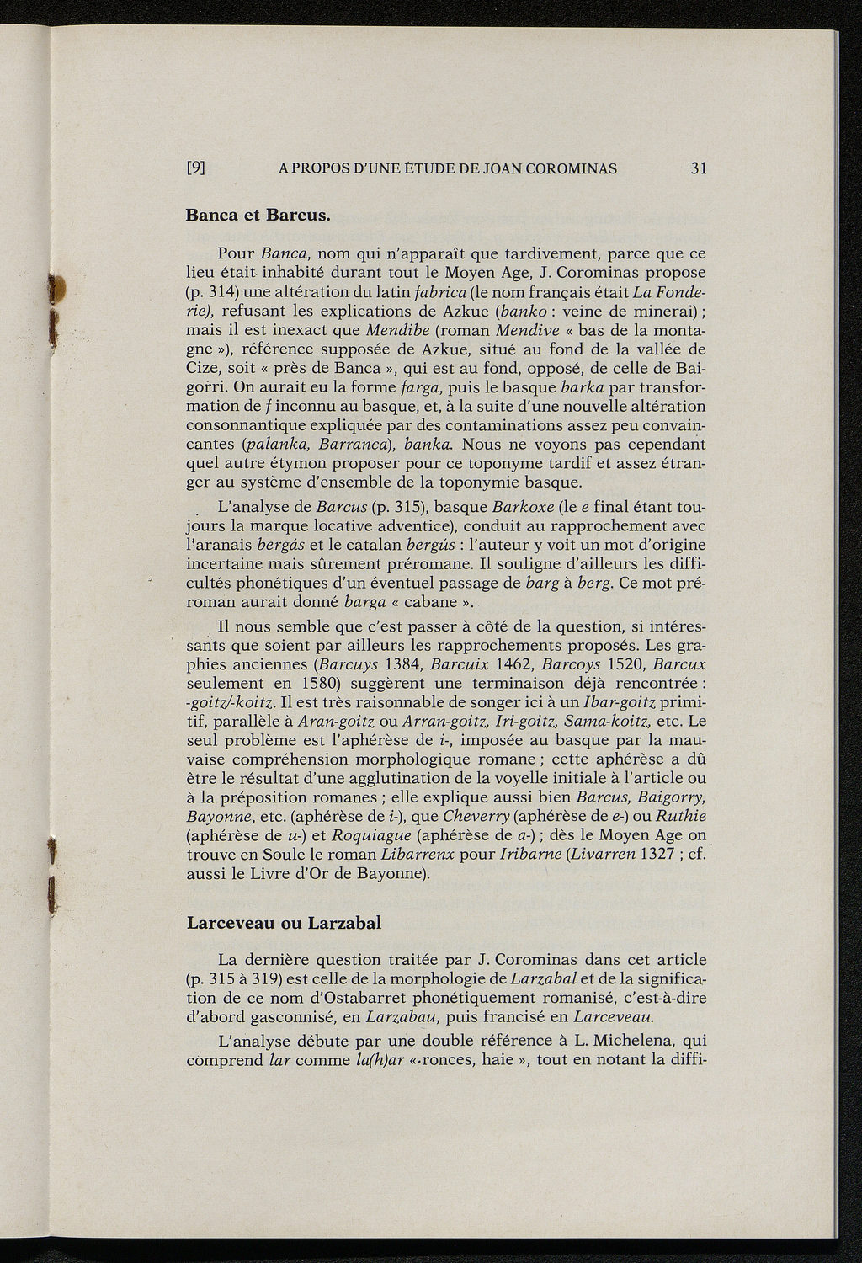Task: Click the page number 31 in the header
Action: pyautogui.click(x=698, y=168)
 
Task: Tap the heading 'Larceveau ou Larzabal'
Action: pyautogui.click(x=283, y=922)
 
